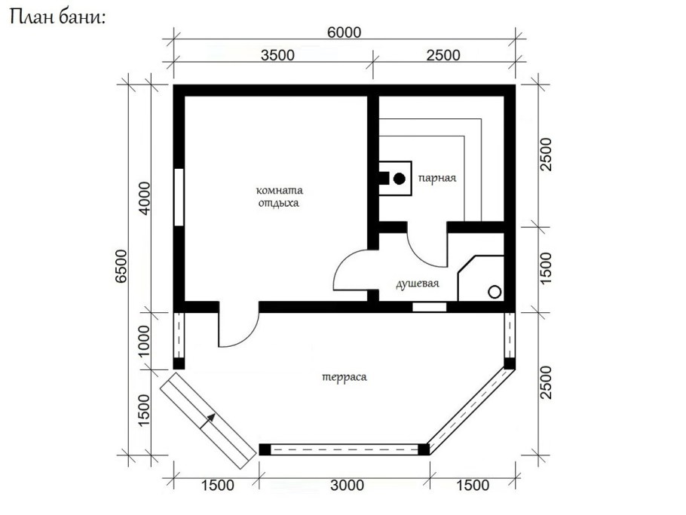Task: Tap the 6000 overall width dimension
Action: (x=345, y=32)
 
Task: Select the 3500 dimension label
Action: (x=277, y=55)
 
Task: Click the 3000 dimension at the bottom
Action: (x=347, y=485)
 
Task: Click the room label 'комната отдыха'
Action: (x=279, y=197)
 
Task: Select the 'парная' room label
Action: (x=437, y=178)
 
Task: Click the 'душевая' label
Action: (x=418, y=284)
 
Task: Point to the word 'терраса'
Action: (x=345, y=377)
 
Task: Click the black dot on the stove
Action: (x=399, y=179)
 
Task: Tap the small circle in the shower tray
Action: (x=495, y=292)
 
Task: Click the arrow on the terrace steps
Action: (x=208, y=421)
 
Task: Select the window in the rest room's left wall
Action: (x=179, y=197)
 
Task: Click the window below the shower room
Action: (x=430, y=307)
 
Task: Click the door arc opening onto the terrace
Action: (x=248, y=338)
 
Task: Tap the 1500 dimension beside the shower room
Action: (x=546, y=268)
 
